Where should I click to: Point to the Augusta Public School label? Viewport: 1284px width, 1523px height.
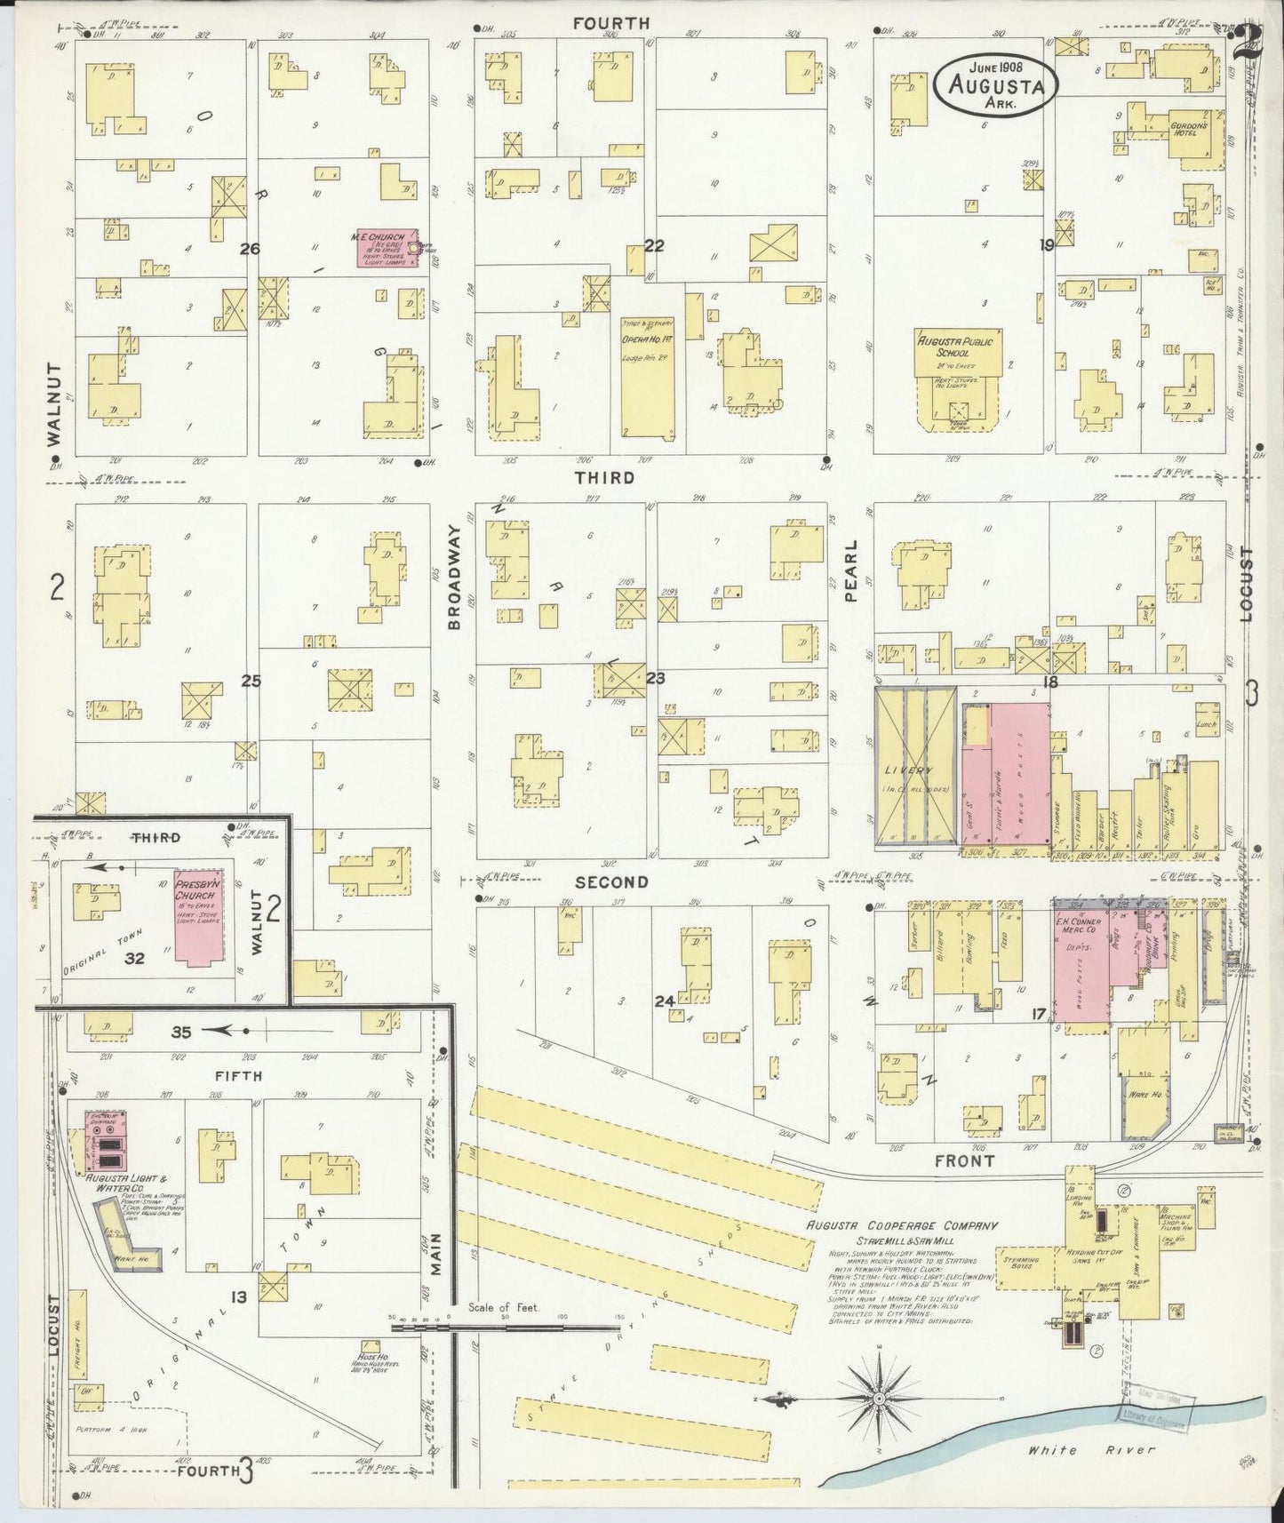pos(959,343)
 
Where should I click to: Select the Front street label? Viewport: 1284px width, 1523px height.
pos(964,1160)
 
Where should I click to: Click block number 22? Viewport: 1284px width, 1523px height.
pos(654,246)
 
